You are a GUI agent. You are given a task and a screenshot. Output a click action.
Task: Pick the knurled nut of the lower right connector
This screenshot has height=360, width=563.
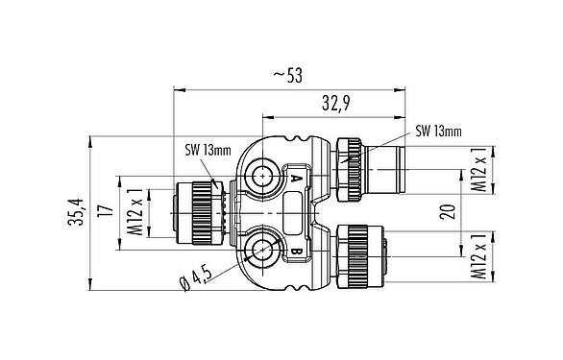[357, 252]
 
